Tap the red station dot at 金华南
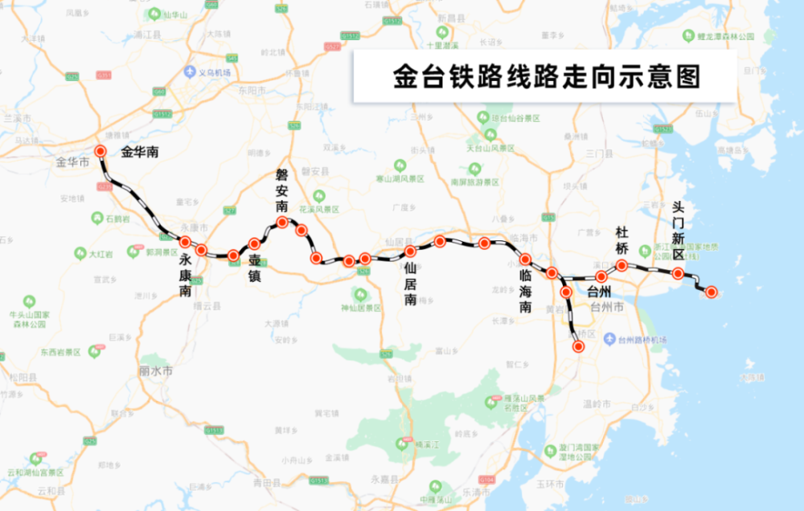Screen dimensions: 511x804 point(100,151)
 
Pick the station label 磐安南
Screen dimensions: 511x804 point(281,190)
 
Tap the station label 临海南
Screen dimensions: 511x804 point(524,292)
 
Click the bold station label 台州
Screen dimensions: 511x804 point(601,291)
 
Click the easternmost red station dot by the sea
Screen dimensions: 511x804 point(712,292)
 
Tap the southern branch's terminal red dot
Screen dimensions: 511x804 point(578,347)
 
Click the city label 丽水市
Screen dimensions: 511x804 point(156,372)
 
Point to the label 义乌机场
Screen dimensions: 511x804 point(215,72)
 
